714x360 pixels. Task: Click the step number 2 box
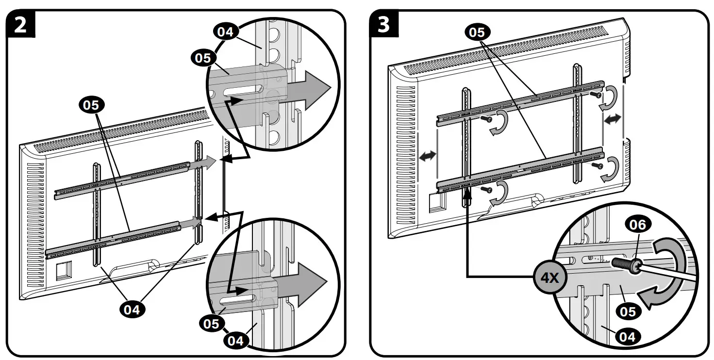point(21,24)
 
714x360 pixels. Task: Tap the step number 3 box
point(384,24)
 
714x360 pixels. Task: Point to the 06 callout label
point(637,224)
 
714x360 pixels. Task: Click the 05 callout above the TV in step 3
point(478,33)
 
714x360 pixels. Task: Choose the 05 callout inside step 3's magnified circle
point(628,311)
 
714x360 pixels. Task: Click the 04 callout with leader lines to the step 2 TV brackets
point(132,309)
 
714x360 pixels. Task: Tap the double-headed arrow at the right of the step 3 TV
point(613,119)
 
